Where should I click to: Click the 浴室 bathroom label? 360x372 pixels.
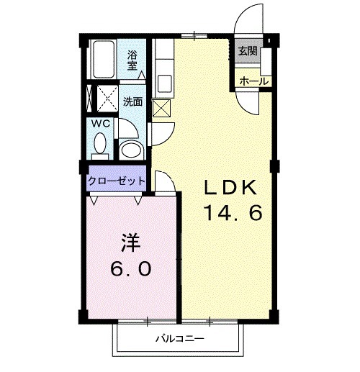[x=132, y=60]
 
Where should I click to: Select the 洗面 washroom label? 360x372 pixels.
[x=132, y=101]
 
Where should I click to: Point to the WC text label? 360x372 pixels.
[x=101, y=123]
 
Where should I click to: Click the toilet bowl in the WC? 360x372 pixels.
[x=100, y=146]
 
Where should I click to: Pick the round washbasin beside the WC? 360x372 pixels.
[x=130, y=150]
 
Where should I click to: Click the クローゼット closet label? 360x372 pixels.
[x=117, y=181]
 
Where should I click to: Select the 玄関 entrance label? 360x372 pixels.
[x=247, y=51]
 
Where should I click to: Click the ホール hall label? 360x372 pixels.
[x=251, y=81]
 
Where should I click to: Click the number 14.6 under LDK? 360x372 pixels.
[x=230, y=214]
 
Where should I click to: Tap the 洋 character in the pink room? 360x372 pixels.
[x=131, y=240]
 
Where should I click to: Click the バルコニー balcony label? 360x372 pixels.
[x=180, y=337]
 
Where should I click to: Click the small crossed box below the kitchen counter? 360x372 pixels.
[x=162, y=108]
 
